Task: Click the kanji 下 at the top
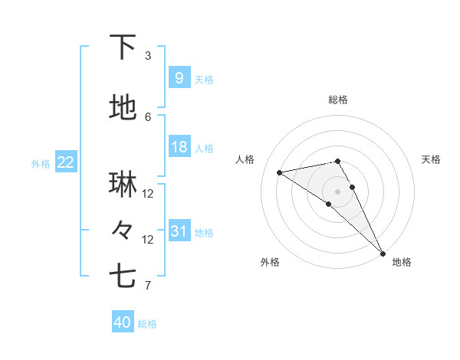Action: (x=123, y=48)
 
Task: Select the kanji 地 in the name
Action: (x=123, y=109)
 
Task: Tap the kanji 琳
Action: (x=123, y=184)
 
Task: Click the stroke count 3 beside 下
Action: (x=148, y=55)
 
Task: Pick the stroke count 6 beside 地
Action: (x=148, y=116)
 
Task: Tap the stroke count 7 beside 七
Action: (x=148, y=286)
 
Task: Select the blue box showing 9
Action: (x=179, y=77)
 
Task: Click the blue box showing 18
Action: (x=179, y=147)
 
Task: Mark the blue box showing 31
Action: (x=179, y=231)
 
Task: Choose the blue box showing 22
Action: (x=66, y=162)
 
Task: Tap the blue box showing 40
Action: (x=123, y=322)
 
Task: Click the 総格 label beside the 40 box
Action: (x=147, y=324)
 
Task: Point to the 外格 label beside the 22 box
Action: (x=41, y=163)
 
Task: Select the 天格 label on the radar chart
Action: (x=432, y=159)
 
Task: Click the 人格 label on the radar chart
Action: (x=245, y=159)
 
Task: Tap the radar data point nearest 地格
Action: (x=382, y=254)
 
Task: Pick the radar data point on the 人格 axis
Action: (x=280, y=172)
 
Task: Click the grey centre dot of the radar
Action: (x=337, y=191)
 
